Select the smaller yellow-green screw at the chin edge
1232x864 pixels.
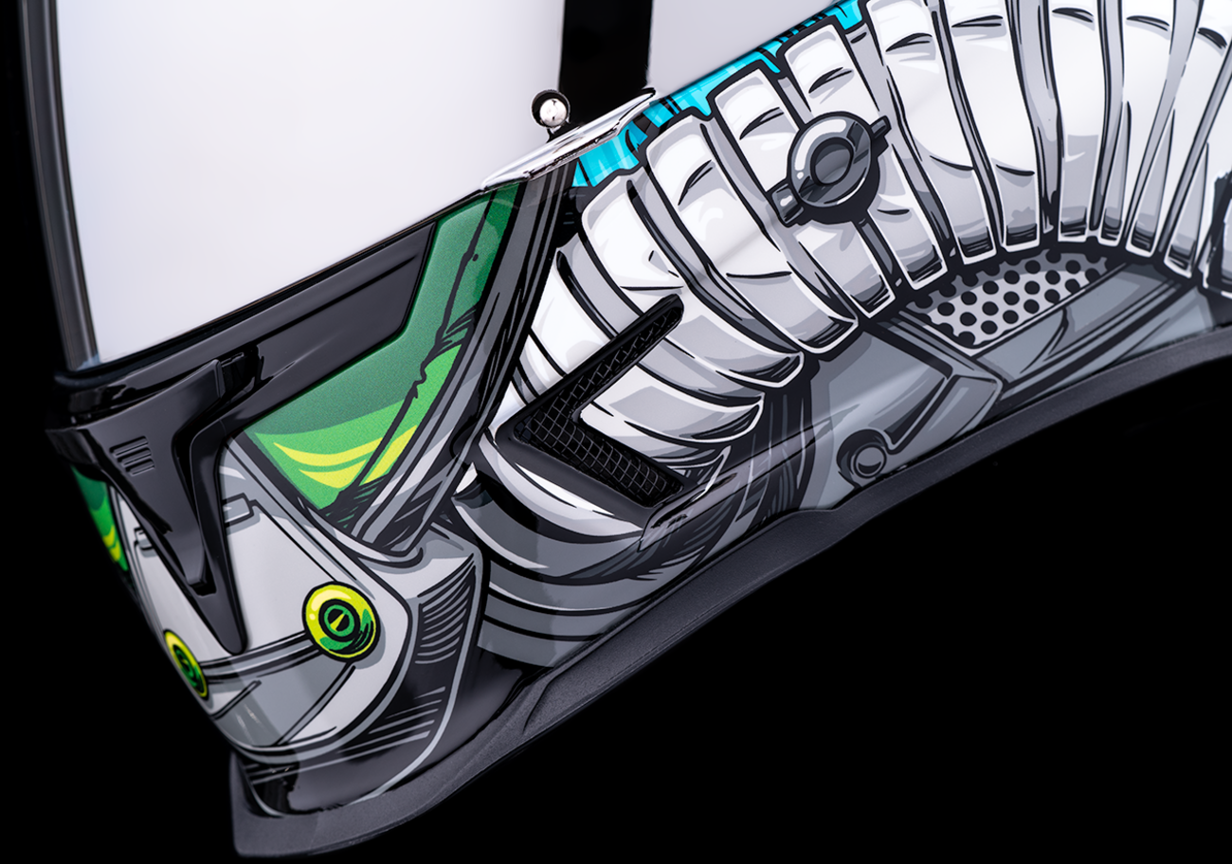click(x=186, y=664)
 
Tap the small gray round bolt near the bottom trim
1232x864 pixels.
click(x=867, y=459)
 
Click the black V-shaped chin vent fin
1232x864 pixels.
click(x=204, y=493)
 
